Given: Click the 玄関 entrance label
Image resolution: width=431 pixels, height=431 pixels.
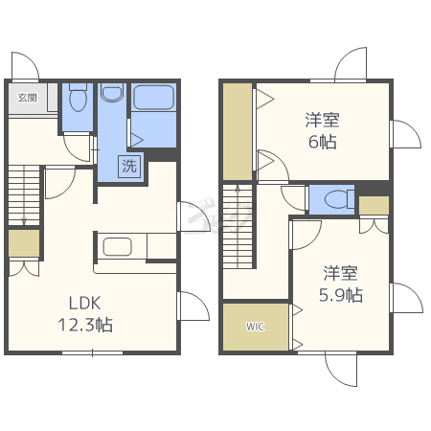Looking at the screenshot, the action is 27,98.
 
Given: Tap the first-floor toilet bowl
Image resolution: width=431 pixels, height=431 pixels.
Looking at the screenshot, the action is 78,97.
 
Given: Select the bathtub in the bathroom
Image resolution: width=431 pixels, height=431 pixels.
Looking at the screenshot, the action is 153,97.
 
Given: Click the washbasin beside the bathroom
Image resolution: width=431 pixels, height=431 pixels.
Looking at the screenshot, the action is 112,92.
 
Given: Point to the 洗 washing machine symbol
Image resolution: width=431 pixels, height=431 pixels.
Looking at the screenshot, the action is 129,166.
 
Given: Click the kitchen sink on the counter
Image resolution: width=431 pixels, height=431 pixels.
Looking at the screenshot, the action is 117,246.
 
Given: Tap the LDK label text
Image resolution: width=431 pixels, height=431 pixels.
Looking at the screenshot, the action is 85,304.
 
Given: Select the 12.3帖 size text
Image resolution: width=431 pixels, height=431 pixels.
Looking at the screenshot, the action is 85,325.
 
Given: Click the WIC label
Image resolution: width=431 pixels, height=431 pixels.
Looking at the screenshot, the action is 255,327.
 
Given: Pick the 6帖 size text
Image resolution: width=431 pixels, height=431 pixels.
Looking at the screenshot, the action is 323,142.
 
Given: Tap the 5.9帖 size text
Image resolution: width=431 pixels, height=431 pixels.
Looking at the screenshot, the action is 341,295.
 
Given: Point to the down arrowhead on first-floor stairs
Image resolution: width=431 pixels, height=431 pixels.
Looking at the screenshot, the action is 24,221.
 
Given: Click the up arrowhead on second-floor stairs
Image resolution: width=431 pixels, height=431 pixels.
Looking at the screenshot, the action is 238,189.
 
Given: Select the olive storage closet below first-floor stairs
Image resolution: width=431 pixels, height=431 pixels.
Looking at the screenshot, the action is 24,243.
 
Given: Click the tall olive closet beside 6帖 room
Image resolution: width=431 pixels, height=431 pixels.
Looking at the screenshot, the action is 238,131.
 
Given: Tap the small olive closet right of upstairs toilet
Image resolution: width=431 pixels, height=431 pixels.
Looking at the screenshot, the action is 374,205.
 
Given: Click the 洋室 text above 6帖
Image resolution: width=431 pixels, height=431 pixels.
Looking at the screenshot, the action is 323,120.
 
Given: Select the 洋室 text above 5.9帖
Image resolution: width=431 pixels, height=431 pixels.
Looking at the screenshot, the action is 341,273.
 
